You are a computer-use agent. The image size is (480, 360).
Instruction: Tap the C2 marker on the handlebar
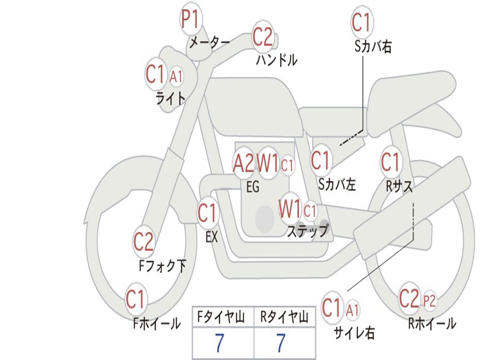[262, 37]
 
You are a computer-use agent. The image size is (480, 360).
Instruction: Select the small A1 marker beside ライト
[176, 75]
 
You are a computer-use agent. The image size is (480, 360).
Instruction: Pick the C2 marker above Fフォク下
[143, 242]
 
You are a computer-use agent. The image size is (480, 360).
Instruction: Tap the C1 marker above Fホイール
[136, 300]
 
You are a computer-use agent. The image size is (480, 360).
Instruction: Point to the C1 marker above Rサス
[390, 163]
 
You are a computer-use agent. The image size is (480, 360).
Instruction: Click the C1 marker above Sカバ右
[361, 22]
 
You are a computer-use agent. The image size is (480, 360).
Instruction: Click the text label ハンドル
[277, 60]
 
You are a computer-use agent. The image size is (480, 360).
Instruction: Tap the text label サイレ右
[354, 332]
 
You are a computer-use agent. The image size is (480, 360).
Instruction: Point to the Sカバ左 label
[337, 185]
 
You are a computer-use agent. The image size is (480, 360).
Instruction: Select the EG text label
[252, 187]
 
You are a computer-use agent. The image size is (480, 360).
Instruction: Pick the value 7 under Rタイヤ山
[281, 344]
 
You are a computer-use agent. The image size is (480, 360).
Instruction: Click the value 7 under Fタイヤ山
[219, 344]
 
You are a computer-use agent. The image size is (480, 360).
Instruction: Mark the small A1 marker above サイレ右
[353, 309]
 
